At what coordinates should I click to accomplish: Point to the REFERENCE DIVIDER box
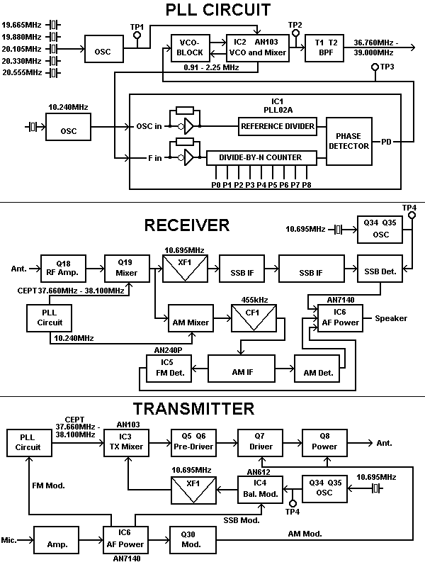coord(277,126)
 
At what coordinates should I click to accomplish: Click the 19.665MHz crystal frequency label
coord(21,25)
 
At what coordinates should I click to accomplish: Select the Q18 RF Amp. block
coord(61,269)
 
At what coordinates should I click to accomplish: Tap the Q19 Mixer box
coord(124,269)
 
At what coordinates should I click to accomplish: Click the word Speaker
coord(391,318)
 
